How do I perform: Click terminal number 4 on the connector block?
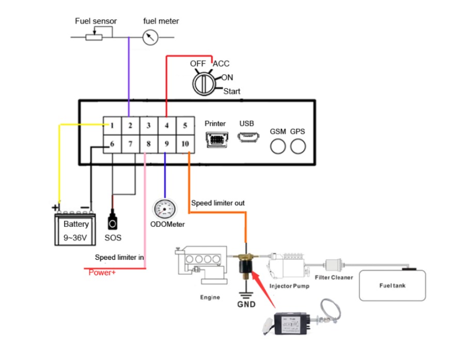pos(166,125)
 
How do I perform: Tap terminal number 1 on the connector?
pos(112,125)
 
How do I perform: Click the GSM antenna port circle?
pos(278,147)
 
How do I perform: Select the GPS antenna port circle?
pos(298,147)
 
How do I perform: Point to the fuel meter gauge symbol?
pos(150,37)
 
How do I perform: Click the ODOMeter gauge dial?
pos(165,209)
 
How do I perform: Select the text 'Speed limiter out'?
pos(218,203)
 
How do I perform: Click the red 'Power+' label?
pos(102,272)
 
